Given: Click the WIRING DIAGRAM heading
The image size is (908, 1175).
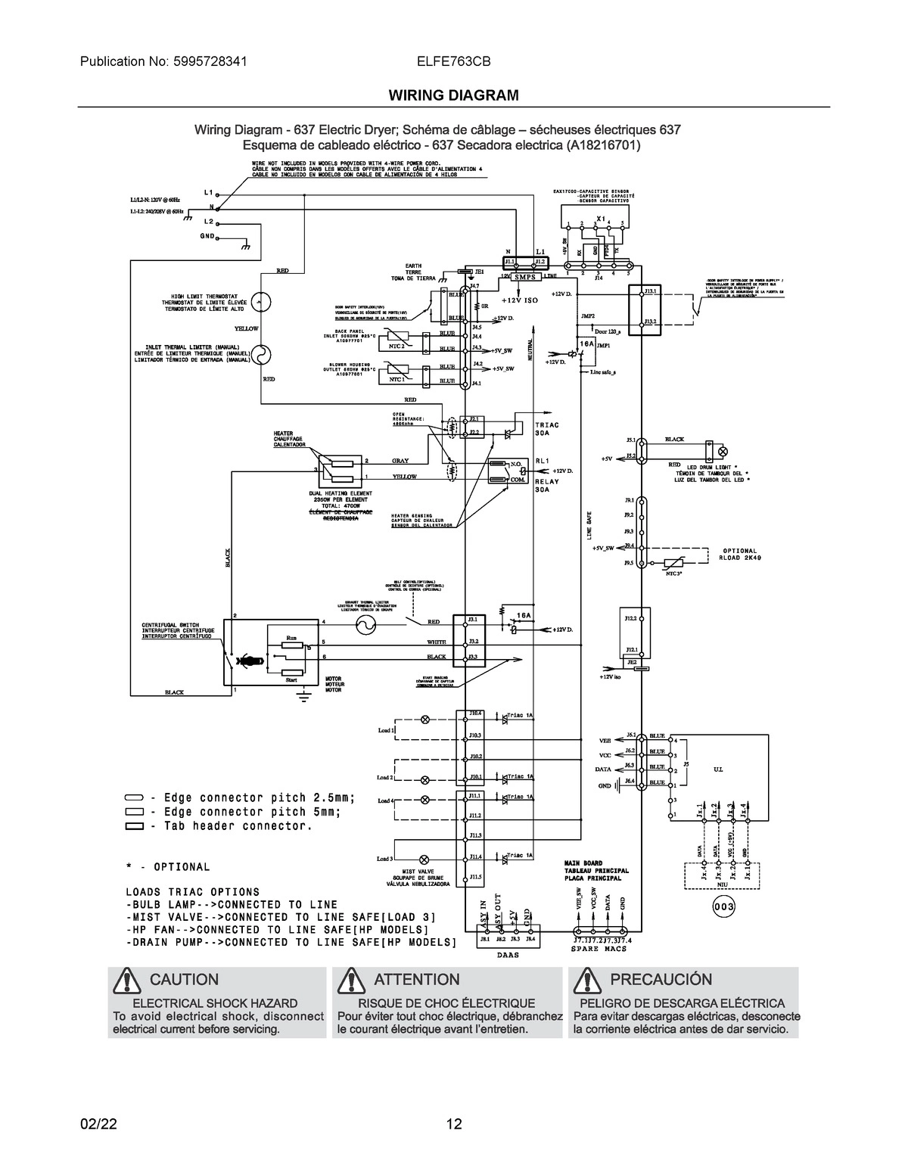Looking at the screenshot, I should click(x=453, y=95).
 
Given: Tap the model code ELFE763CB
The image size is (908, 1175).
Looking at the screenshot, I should click(x=453, y=62).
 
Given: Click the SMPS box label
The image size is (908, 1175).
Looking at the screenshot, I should click(x=524, y=278).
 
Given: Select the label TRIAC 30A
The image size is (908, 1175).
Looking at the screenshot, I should click(x=547, y=429).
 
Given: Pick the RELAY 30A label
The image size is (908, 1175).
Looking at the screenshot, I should click(x=547, y=485).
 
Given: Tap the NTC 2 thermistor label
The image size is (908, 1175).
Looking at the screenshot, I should click(x=396, y=346).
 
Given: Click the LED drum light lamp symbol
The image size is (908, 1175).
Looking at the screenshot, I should click(x=722, y=451).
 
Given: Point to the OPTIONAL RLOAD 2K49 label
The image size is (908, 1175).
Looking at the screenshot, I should click(x=739, y=554).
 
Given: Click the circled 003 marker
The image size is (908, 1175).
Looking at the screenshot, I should click(x=723, y=906).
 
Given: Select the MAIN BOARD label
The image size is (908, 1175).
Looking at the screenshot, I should click(x=583, y=863).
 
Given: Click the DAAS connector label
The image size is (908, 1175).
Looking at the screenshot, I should click(x=508, y=955).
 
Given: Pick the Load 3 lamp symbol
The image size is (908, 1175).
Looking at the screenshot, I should click(x=424, y=859).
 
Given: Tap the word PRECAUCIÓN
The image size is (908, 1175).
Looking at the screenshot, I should click(x=661, y=980).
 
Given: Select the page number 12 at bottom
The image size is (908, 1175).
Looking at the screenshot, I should click(x=453, y=1124).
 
